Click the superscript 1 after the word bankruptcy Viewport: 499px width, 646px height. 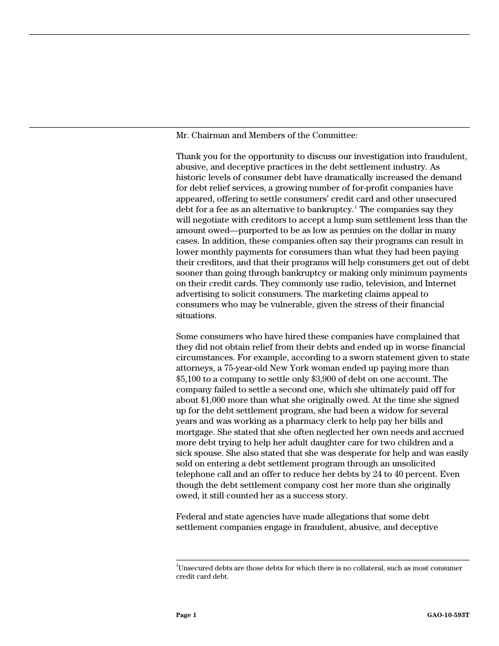click(x=356, y=207)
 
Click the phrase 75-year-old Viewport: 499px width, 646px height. click(x=246, y=368)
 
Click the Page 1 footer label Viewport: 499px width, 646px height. click(x=186, y=615)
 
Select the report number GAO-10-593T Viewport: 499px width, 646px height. click(x=448, y=615)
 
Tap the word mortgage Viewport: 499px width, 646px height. click(x=194, y=432)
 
